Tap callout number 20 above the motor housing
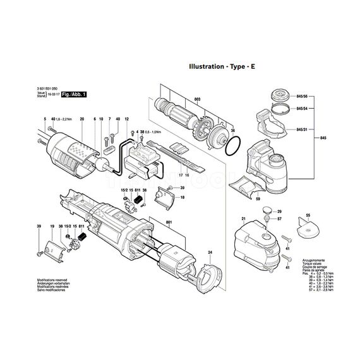[x=81, y=119]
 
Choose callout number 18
[x=182, y=198]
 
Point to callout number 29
[x=280, y=212]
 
